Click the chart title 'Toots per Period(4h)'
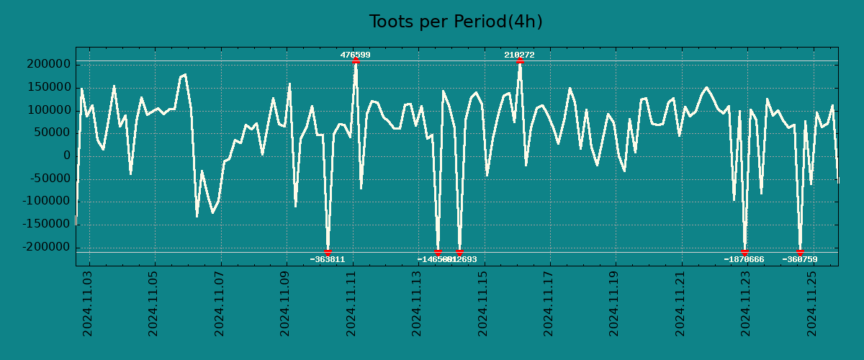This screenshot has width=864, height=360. (456, 22)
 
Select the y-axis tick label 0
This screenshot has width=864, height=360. (66, 156)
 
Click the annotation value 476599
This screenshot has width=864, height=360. (356, 55)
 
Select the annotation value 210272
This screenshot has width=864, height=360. (519, 55)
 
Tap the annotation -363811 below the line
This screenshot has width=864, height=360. (328, 259)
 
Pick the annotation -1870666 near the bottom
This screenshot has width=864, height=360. (744, 259)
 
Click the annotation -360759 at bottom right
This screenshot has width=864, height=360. (800, 259)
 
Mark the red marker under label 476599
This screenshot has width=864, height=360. (356, 60)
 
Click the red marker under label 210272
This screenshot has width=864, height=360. (520, 60)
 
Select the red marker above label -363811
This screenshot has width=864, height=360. (328, 252)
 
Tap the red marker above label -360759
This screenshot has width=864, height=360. (800, 252)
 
